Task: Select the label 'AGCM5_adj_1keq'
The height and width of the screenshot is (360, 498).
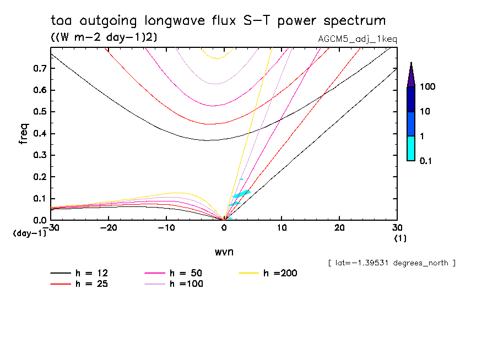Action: (358, 39)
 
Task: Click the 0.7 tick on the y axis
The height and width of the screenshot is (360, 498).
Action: (39, 69)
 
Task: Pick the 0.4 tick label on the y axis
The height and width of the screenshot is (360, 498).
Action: (39, 134)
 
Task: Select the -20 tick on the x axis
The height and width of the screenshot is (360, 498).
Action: (109, 228)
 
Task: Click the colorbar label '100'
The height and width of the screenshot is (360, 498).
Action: (427, 87)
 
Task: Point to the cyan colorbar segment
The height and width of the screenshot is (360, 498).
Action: (411, 148)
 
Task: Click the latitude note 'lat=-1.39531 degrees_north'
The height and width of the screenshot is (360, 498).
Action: (392, 263)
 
